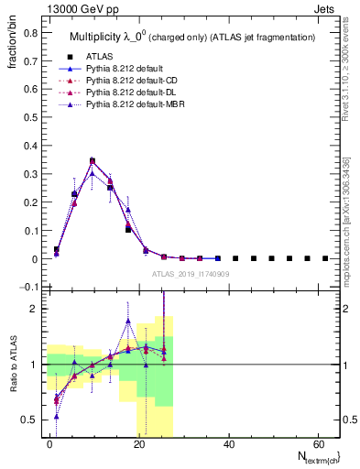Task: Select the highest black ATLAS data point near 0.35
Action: [x=92, y=161]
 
